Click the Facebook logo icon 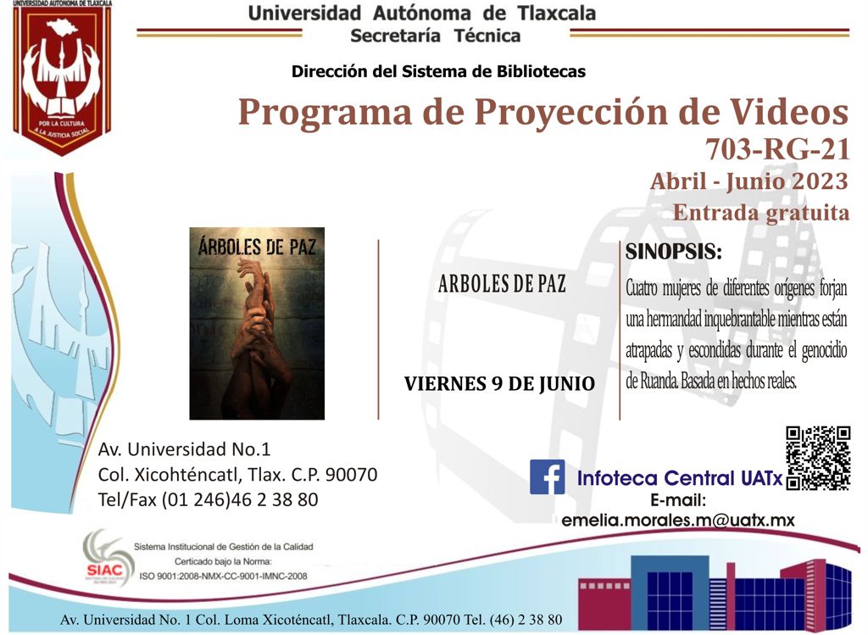pos(547,476)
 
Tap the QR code pos(818,458)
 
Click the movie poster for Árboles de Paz pos(257,323)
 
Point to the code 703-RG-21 pos(777,149)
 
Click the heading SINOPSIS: pos(674,252)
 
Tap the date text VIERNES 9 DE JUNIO pos(499,384)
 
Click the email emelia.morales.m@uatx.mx pos(678,521)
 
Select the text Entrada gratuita pos(760,213)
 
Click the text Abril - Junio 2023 pos(749,181)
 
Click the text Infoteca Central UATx pos(680,478)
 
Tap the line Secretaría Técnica pos(435,36)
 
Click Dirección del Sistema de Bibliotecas pos(438,71)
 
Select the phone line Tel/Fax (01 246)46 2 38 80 pos(209,500)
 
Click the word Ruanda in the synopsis pos(659,381)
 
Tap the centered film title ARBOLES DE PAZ pos(502,284)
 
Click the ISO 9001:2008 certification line pos(223,576)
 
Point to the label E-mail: pos(678,500)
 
